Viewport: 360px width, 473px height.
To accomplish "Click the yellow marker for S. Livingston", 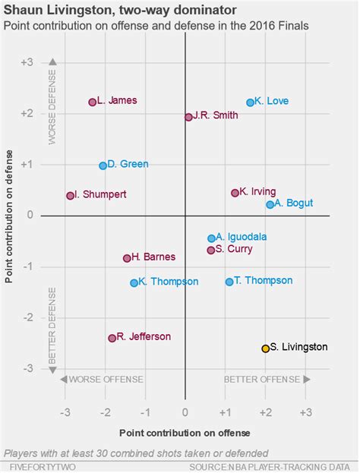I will (266, 348).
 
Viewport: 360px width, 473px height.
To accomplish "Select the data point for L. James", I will (93, 102).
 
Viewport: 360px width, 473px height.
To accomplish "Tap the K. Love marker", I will (250, 102).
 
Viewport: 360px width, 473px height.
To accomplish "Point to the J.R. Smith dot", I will (188, 117).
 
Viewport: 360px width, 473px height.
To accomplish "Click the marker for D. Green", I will (103, 166).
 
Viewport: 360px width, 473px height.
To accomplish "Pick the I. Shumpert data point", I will (70, 195).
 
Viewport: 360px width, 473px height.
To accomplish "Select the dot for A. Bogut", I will (270, 204).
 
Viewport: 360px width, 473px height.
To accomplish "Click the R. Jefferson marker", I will (112, 338).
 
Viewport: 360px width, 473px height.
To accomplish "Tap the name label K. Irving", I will (257, 191).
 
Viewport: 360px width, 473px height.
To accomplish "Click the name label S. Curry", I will (234, 248).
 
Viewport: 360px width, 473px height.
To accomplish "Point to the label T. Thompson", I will (264, 280).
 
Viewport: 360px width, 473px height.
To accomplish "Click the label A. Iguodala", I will (242, 237).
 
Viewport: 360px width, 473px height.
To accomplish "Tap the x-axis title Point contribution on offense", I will (185, 433).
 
